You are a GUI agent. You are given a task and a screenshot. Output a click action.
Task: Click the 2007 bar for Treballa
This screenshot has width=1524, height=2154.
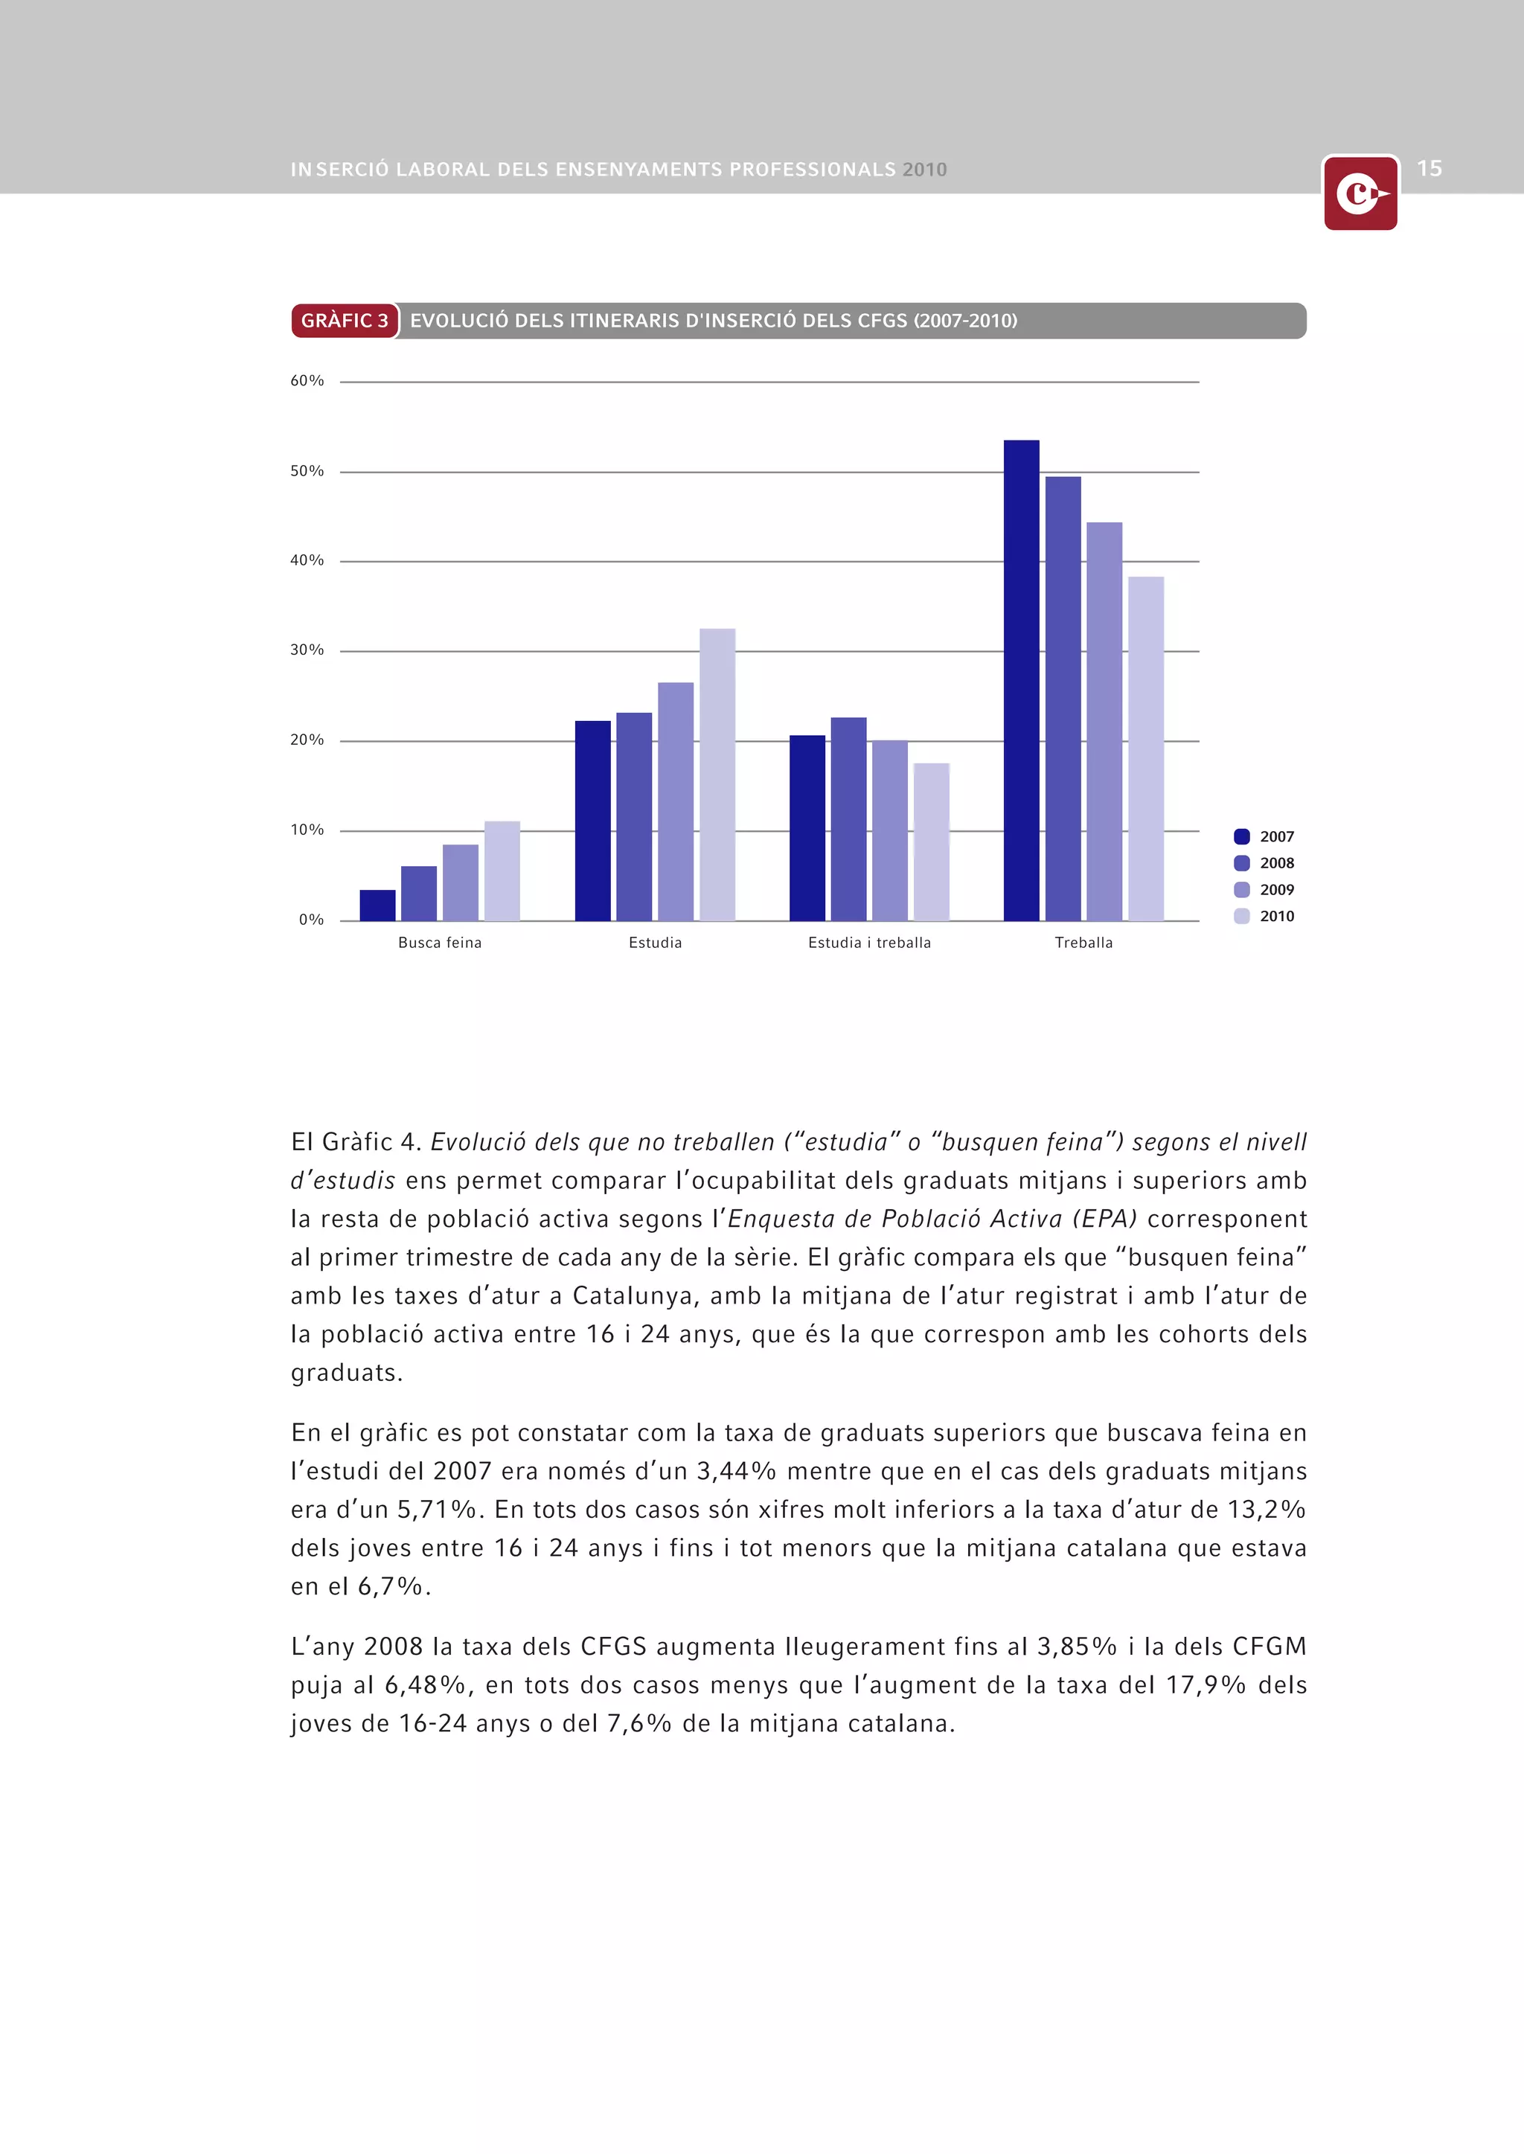click(x=1021, y=680)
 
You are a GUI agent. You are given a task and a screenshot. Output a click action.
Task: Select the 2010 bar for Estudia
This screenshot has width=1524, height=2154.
click(x=717, y=774)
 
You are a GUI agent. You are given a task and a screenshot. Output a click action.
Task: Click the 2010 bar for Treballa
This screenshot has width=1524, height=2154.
click(x=1145, y=748)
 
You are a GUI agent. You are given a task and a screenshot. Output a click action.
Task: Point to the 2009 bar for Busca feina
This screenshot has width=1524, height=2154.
click(x=460, y=882)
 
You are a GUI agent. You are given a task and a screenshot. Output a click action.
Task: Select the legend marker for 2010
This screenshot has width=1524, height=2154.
click(x=1241, y=917)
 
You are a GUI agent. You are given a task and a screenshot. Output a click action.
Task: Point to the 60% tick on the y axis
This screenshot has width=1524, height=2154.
click(x=307, y=381)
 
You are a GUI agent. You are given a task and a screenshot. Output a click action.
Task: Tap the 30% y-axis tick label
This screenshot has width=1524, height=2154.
click(x=307, y=650)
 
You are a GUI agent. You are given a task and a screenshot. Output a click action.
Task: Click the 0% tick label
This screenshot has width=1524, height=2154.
click(x=310, y=920)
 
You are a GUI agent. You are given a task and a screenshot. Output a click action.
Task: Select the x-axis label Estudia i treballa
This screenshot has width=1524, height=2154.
click(x=869, y=943)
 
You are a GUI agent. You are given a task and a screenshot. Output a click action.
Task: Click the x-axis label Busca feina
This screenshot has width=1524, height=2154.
click(x=439, y=943)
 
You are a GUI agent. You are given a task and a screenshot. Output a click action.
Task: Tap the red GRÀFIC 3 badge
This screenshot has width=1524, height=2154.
click(x=345, y=321)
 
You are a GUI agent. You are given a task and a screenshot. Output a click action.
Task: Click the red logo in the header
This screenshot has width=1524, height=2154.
click(x=1360, y=194)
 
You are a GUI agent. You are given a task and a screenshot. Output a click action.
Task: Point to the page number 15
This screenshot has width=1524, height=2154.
click(x=1428, y=169)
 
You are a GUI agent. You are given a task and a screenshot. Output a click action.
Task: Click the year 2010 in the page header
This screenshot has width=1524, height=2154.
click(x=924, y=170)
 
